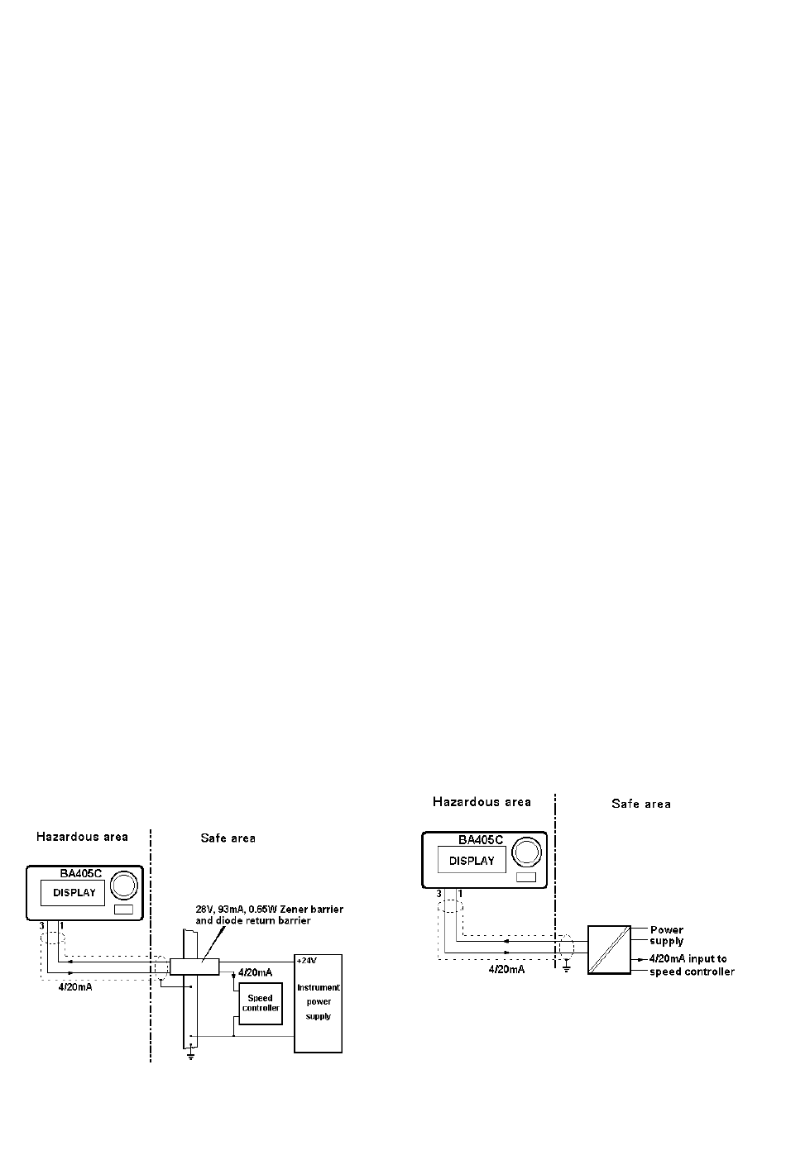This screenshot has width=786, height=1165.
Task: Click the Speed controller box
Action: point(261,1003)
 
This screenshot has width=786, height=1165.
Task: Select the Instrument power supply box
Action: point(319,1003)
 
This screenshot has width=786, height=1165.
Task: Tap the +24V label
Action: point(307,960)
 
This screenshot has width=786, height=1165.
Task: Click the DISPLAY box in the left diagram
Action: point(74,893)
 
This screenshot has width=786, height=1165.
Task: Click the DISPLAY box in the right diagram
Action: point(472,861)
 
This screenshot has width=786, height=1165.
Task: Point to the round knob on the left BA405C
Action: point(125,885)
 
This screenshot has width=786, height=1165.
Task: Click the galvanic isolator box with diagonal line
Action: point(609,949)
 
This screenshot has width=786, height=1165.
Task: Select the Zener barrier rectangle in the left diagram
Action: point(194,966)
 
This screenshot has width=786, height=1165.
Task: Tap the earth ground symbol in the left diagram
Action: point(190,1056)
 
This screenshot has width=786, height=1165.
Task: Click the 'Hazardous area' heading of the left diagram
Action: point(82,837)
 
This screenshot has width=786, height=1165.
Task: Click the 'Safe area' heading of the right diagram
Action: point(641,804)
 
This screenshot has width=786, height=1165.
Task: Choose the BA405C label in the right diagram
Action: point(481,839)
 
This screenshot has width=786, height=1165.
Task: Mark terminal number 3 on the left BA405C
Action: point(41,924)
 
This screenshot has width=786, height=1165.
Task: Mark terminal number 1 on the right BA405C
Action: point(460,894)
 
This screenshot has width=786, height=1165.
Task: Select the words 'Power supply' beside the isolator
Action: point(667,935)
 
